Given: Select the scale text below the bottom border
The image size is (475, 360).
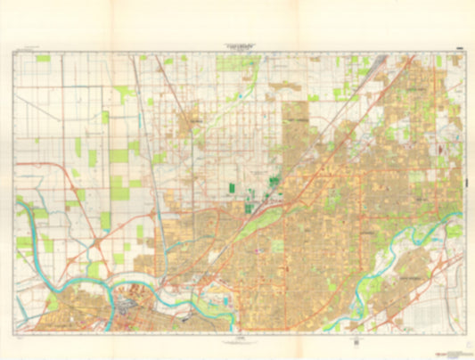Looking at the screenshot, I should [237, 340].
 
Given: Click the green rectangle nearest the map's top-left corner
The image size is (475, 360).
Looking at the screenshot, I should [43, 58].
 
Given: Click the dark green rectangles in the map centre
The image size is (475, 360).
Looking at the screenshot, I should [234, 189].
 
